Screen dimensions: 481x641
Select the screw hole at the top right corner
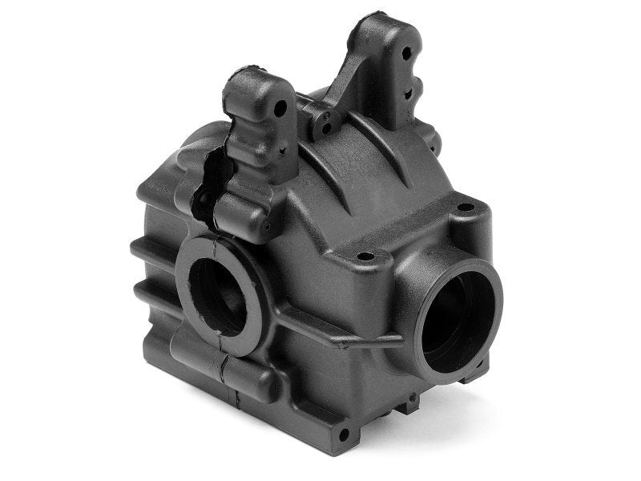click(x=464, y=208)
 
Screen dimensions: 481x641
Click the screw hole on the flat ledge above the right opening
click(x=365, y=257)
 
